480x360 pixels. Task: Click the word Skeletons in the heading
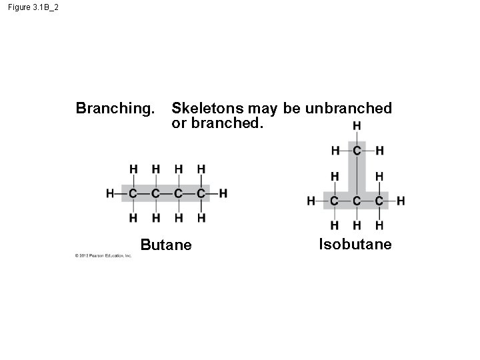[x=207, y=108]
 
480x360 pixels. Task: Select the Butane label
[x=166, y=245]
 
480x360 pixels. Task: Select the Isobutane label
[x=355, y=245]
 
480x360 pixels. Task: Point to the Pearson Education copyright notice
[x=103, y=255]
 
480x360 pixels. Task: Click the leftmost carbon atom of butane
[x=133, y=193]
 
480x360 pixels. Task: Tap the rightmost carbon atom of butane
[x=201, y=193]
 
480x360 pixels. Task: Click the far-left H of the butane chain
[x=110, y=193]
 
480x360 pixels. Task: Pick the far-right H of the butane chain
[x=223, y=193]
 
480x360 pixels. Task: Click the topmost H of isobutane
[x=357, y=126]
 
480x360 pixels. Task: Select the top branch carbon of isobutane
[x=357, y=151]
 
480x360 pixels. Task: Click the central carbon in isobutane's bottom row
[x=357, y=200]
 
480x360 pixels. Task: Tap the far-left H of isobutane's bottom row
[x=311, y=200]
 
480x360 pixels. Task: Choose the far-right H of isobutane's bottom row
[x=401, y=200]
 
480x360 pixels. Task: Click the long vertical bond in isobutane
[x=357, y=175]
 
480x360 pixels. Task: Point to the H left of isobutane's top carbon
[x=335, y=151]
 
